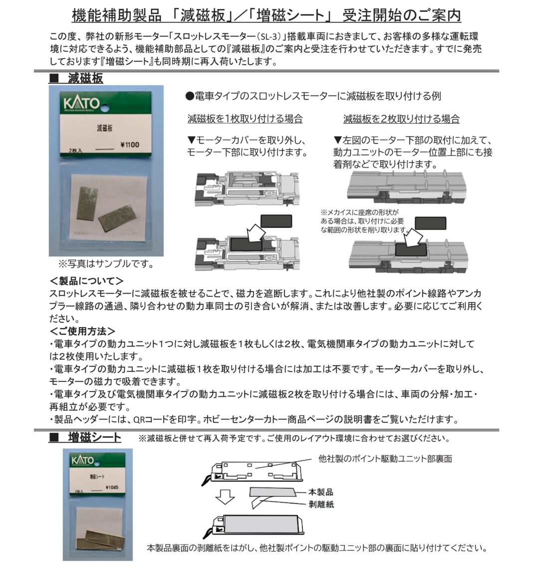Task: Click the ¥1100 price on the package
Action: pyautogui.click(x=129, y=145)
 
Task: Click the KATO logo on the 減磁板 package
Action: pyautogui.click(x=81, y=103)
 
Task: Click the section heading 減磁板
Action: pyautogui.click(x=85, y=78)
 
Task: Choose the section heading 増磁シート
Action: pyautogui.click(x=94, y=437)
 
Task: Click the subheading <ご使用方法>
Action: pyautogui.click(x=82, y=331)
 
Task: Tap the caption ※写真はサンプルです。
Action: pyautogui.click(x=106, y=264)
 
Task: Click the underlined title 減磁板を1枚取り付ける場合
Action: pyautogui.click(x=245, y=119)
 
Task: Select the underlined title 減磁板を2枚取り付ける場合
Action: pyautogui.click(x=401, y=119)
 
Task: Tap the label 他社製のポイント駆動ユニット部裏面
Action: pyautogui.click(x=385, y=459)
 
